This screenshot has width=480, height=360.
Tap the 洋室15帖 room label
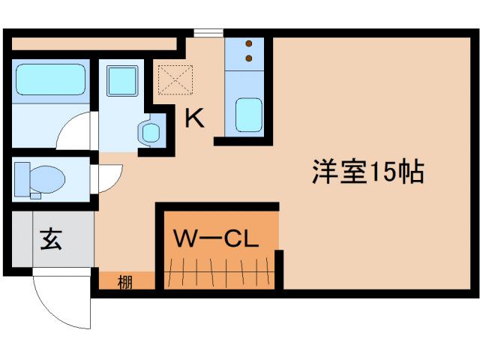pos(367,172)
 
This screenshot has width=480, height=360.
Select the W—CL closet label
pos(216,238)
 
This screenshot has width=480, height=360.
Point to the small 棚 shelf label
pos(125,283)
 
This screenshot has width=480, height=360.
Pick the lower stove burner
pos(249,57)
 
